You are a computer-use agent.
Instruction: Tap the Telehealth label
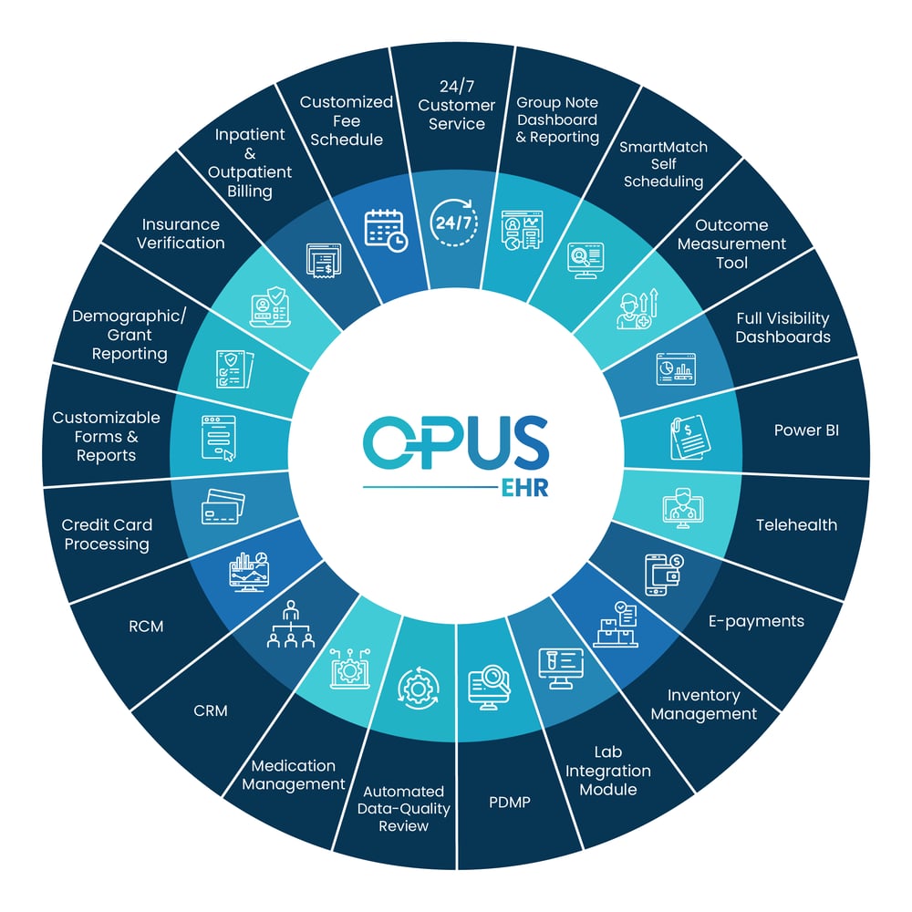tap(796, 525)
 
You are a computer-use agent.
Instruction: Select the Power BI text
tap(806, 430)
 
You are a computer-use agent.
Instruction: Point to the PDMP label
tap(510, 803)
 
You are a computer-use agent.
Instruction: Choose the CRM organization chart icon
tap(291, 626)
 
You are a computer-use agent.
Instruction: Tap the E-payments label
tap(756, 621)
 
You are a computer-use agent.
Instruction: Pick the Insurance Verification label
tap(182, 233)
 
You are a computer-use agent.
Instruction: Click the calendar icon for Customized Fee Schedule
tap(386, 229)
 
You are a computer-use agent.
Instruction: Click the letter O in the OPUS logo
tap(390, 441)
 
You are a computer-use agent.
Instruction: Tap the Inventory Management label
tap(703, 705)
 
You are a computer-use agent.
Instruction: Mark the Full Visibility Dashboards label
tap(782, 327)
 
